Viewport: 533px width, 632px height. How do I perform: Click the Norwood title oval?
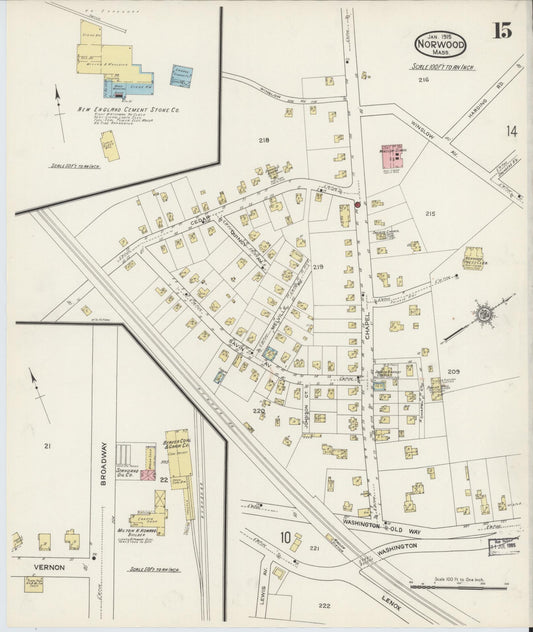(440, 43)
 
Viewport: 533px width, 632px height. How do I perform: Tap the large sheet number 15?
(501, 30)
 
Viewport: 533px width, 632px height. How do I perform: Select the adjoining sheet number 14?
(512, 131)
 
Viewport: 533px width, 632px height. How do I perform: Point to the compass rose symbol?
(484, 314)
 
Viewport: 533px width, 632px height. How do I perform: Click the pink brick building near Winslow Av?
(390, 158)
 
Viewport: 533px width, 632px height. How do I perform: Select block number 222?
(323, 606)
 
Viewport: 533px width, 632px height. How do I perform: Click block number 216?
(423, 79)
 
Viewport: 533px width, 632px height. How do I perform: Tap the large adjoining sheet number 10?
(286, 538)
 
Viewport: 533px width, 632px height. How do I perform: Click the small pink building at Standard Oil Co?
(147, 474)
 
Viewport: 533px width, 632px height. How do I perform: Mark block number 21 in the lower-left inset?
(45, 446)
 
